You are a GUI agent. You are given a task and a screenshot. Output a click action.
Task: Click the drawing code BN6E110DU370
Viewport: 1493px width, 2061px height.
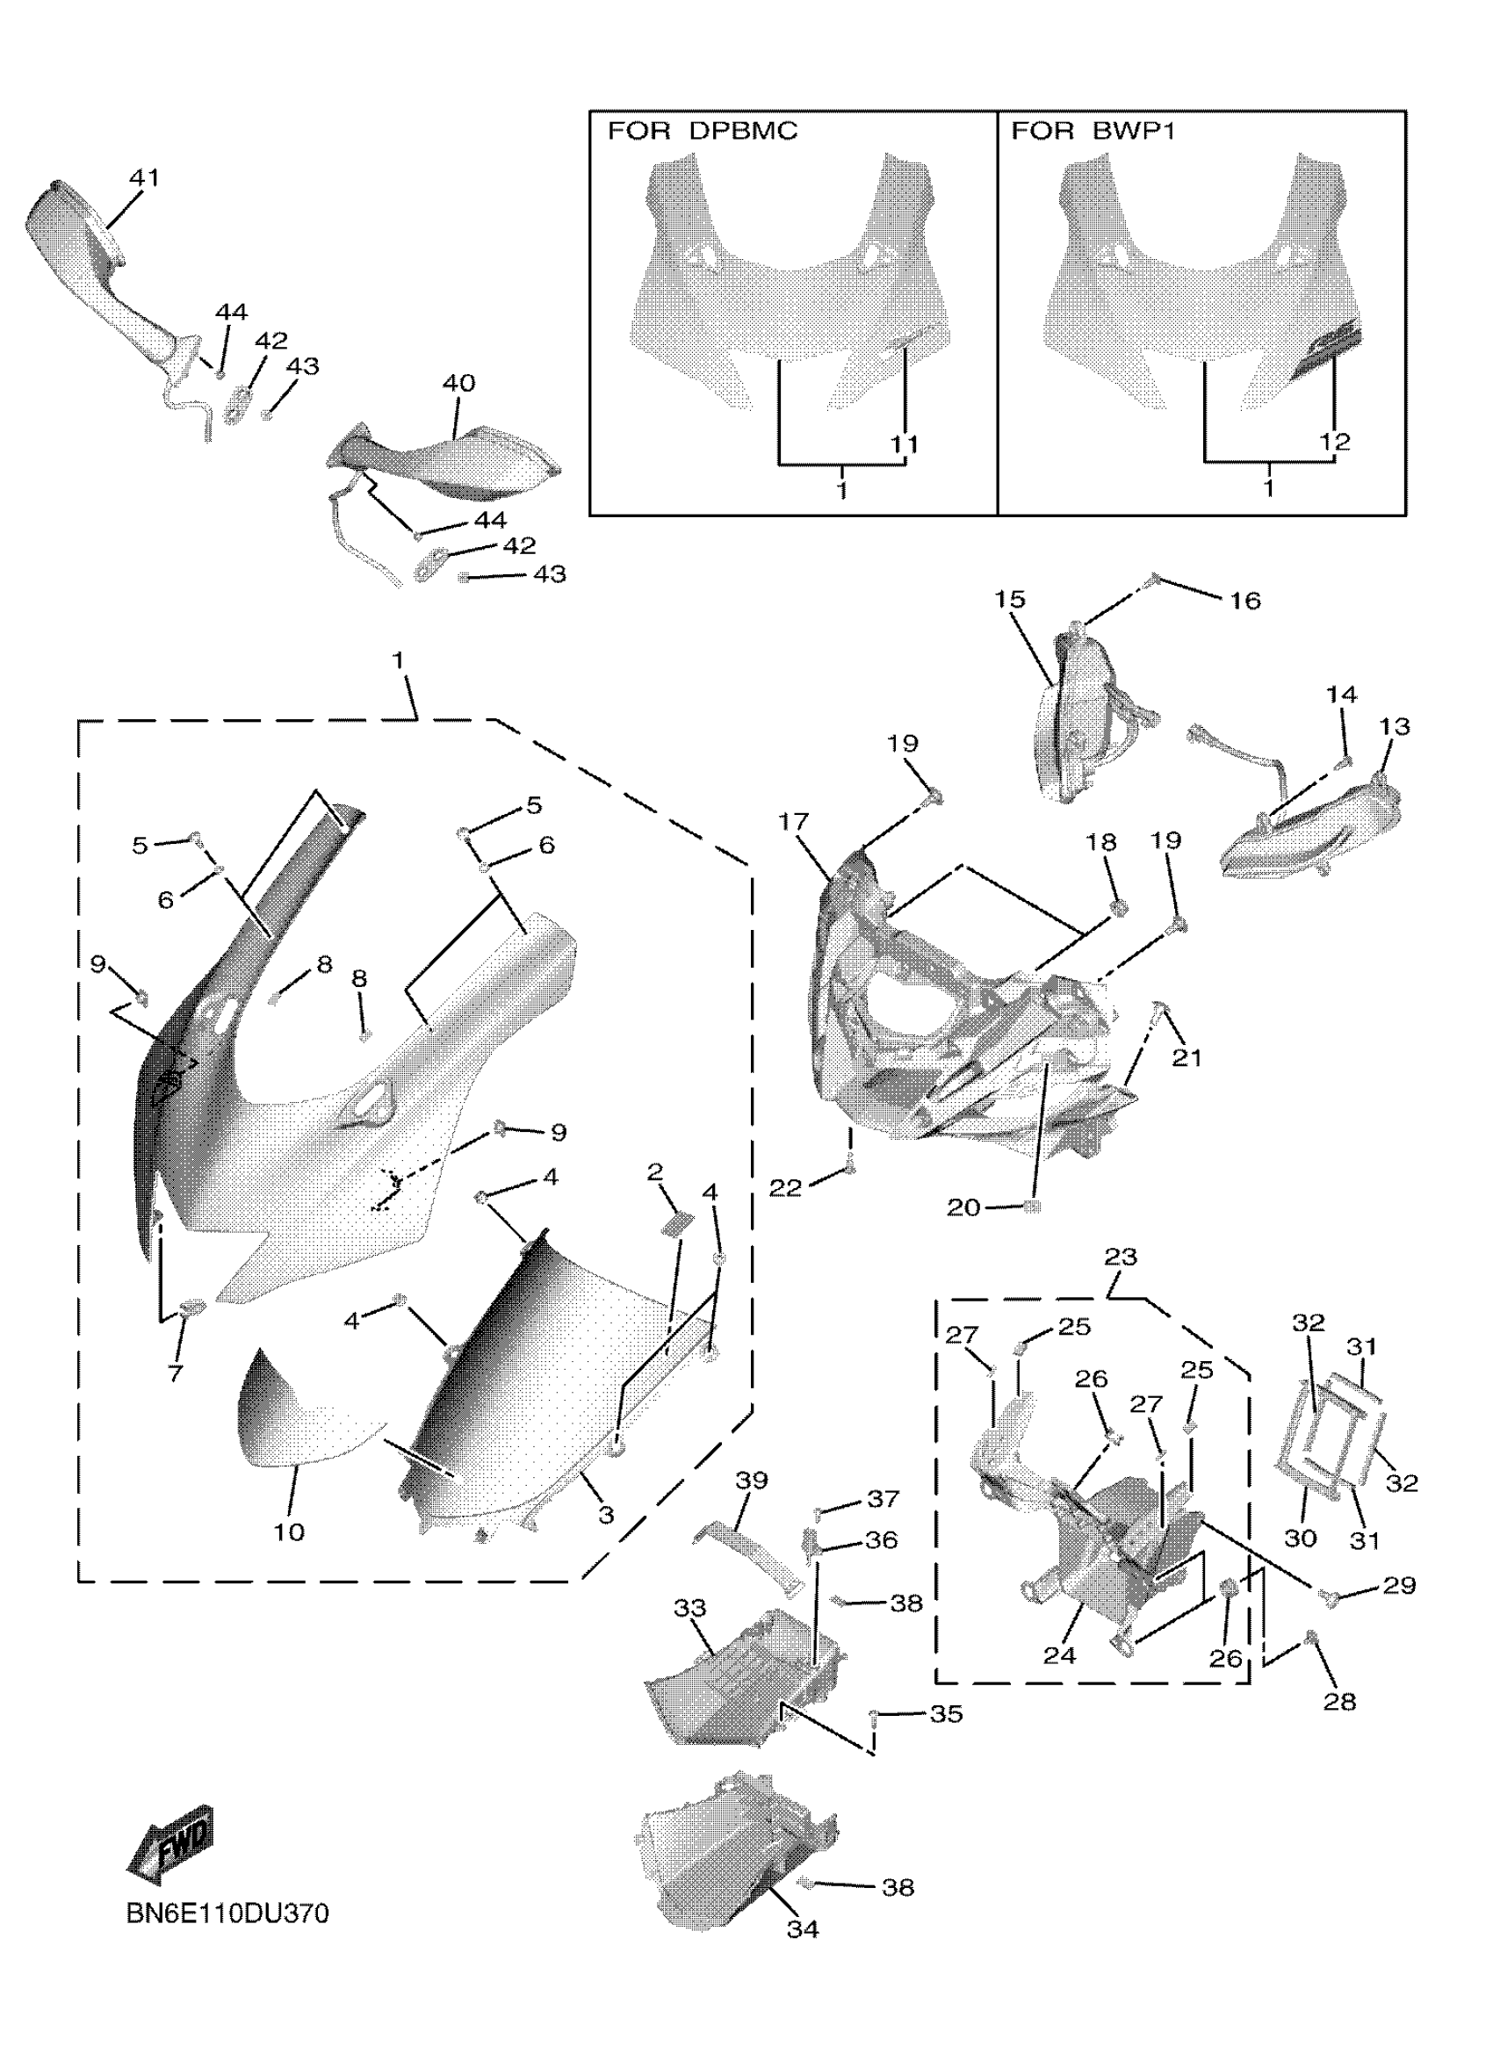(x=227, y=1913)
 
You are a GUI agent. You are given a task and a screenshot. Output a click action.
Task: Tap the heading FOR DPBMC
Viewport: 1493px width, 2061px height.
(x=702, y=132)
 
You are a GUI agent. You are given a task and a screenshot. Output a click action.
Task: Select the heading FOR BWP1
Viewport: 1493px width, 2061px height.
(x=1093, y=132)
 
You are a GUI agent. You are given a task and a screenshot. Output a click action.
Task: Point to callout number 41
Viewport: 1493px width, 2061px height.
(x=143, y=178)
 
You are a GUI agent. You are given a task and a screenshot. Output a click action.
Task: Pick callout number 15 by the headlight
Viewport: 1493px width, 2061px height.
(x=1010, y=600)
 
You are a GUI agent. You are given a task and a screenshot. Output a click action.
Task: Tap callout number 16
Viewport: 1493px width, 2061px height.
(x=1245, y=601)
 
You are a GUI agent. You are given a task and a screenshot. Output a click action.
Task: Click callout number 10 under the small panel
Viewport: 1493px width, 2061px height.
(x=289, y=1532)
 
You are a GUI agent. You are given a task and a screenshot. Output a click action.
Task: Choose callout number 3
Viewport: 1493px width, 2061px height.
(x=605, y=1515)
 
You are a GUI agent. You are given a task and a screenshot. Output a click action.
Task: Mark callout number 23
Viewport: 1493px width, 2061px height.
(x=1121, y=1257)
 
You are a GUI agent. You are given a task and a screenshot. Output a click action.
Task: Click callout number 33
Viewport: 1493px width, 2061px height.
(x=689, y=1608)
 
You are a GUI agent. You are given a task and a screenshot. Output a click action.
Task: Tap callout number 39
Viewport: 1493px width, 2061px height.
(x=751, y=1481)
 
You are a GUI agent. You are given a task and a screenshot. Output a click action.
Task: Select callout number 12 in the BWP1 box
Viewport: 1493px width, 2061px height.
(x=1335, y=442)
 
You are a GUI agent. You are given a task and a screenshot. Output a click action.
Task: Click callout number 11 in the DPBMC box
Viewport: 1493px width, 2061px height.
(x=903, y=444)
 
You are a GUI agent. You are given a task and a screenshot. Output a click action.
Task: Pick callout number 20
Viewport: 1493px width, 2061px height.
(x=963, y=1207)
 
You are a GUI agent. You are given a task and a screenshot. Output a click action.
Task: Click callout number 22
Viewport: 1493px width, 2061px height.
(x=785, y=1188)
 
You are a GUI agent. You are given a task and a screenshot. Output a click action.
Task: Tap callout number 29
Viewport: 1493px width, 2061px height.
(x=1398, y=1585)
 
